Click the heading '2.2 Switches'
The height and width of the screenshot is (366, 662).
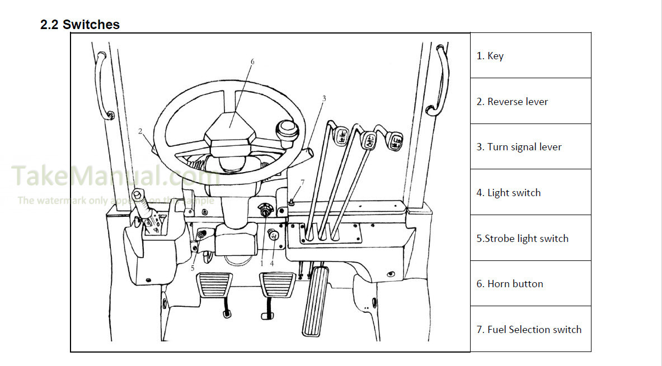(x=79, y=25)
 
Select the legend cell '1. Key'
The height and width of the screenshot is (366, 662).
(x=490, y=56)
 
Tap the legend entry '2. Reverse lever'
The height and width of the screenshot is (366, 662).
(x=511, y=102)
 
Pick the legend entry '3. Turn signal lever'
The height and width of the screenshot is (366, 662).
(x=518, y=147)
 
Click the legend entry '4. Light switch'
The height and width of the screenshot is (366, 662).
(x=508, y=193)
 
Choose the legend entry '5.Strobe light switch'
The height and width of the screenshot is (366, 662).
(x=522, y=239)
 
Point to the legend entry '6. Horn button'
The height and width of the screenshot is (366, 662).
(x=509, y=284)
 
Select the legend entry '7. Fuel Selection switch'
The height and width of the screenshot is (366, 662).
(x=528, y=330)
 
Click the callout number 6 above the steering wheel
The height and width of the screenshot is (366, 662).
(x=252, y=61)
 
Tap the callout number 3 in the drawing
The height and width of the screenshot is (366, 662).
(x=324, y=98)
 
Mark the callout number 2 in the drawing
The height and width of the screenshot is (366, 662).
(x=140, y=132)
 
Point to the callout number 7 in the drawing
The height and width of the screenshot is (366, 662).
(x=302, y=182)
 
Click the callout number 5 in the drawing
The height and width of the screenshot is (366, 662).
(x=193, y=268)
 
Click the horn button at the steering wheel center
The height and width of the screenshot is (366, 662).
(x=230, y=127)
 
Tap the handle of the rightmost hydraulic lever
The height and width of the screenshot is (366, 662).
(x=395, y=140)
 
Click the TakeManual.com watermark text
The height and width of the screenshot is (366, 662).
(x=112, y=176)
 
